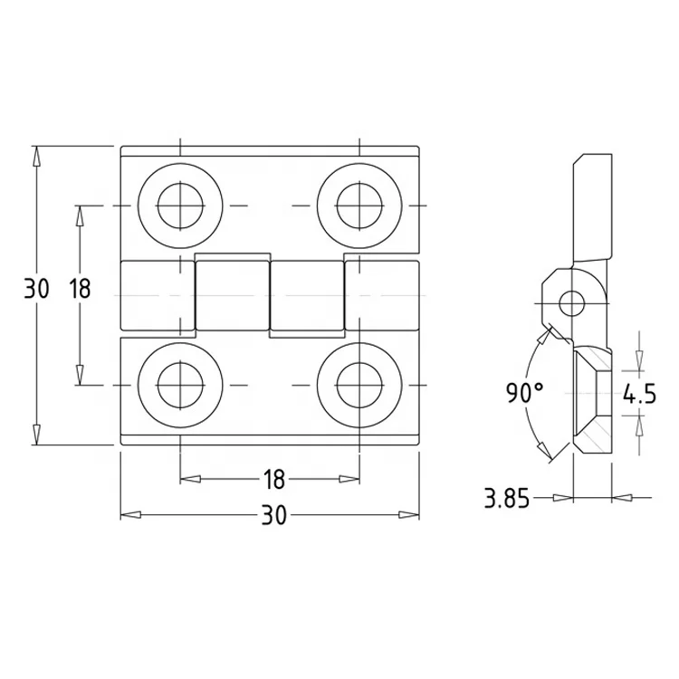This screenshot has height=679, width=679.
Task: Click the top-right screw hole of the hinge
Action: pyautogui.click(x=359, y=206)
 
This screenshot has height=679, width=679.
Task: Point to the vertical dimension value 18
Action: pyautogui.click(x=80, y=290)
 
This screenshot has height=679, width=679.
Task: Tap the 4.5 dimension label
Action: pyautogui.click(x=638, y=394)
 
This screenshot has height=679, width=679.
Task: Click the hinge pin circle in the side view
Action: pyautogui.click(x=570, y=302)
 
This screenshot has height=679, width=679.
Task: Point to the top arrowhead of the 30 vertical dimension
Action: pyautogui.click(x=36, y=155)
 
